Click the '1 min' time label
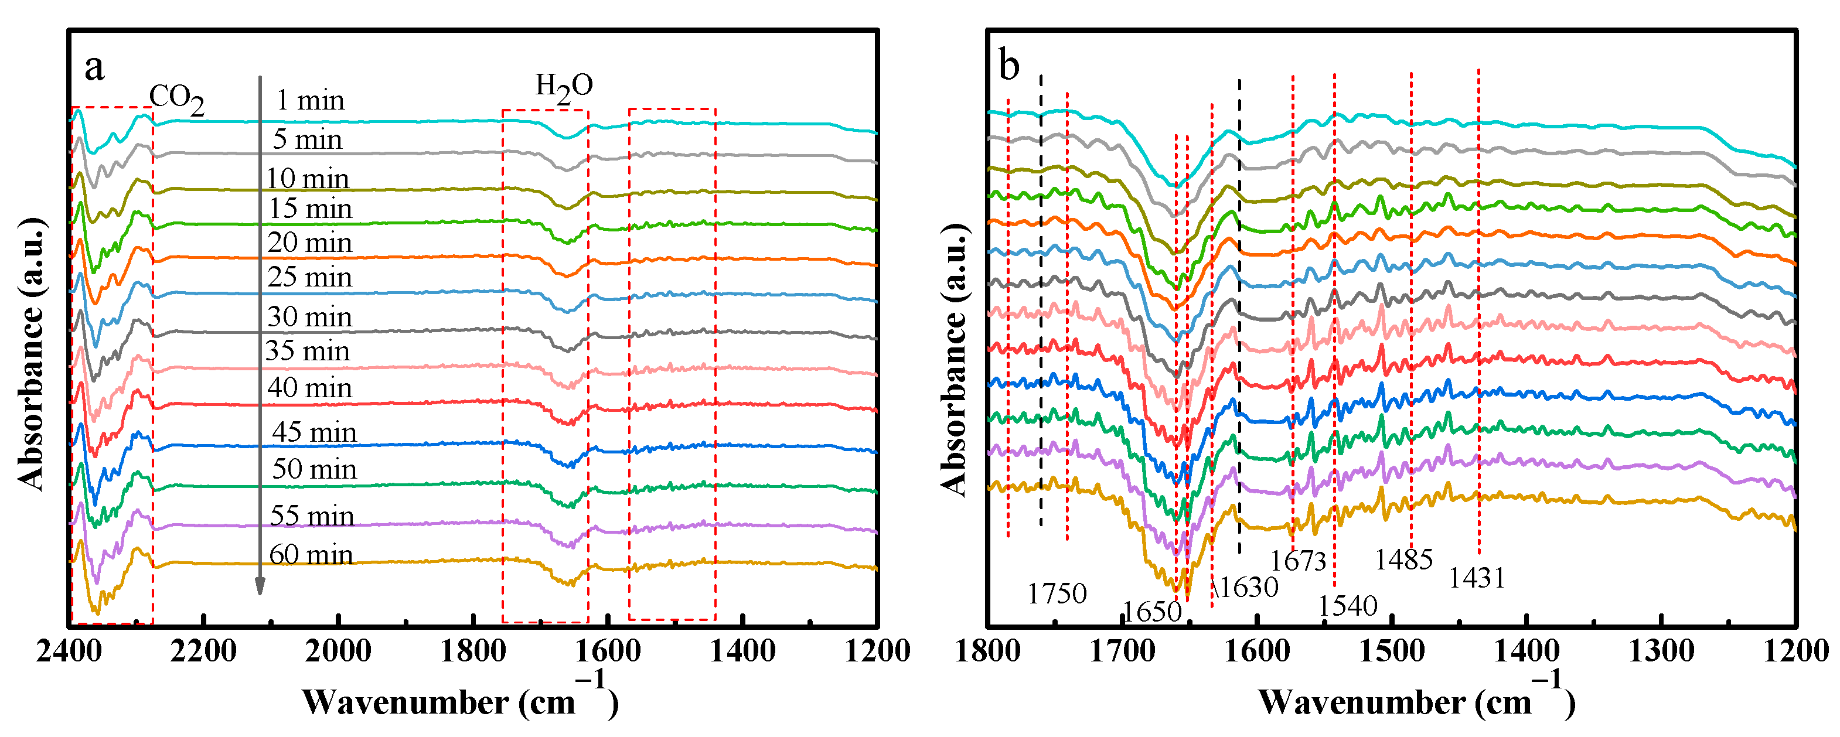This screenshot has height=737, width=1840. tap(310, 100)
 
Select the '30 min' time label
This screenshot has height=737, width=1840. tap(309, 316)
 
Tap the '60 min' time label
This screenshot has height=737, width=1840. tap(311, 554)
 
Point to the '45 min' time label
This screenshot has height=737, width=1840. tap(314, 432)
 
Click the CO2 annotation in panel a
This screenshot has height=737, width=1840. tap(176, 98)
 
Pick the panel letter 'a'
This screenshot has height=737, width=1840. tap(94, 67)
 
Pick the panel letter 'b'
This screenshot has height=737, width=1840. tap(1008, 66)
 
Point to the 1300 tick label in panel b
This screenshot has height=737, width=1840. tap(1661, 651)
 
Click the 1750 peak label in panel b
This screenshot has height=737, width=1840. tap(1057, 593)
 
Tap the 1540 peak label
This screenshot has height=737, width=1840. tap(1347, 606)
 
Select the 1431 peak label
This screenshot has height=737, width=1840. tap(1477, 578)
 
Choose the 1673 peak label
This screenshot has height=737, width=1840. tap(1298, 561)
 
